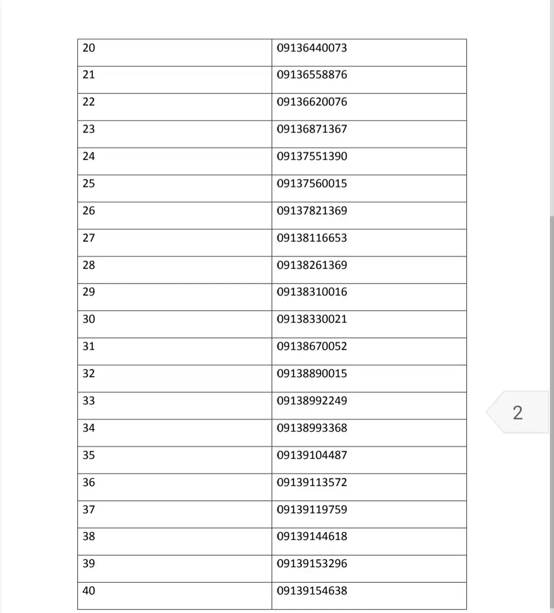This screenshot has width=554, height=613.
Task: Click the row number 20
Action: pos(89,48)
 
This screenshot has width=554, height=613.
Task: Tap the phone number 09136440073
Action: pos(312,48)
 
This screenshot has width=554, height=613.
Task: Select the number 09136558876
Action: pos(312,74)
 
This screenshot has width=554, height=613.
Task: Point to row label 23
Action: pos(89,129)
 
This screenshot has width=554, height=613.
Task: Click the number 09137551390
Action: pos(312,156)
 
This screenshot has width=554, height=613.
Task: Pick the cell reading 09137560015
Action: pos(312,183)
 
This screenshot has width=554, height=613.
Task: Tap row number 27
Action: pos(89,238)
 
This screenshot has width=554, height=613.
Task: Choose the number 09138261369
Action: pos(312,265)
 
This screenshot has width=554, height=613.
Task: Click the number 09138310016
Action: pos(312,292)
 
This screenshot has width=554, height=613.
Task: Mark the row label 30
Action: pos(89,319)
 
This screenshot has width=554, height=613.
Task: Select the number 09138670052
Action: pos(312,346)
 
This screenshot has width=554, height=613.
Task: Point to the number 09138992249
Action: pos(312,400)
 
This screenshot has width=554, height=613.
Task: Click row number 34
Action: pos(89,428)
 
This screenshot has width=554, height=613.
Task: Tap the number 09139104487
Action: pos(312,455)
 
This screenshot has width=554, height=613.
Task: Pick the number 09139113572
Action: pos(312,482)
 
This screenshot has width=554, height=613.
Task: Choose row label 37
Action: pos(89,509)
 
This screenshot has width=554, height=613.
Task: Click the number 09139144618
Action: pos(312,536)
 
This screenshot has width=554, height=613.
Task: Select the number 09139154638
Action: pos(312,590)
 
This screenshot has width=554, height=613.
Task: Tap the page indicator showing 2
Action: pos(518,412)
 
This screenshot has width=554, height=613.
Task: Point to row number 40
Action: pos(89,590)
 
